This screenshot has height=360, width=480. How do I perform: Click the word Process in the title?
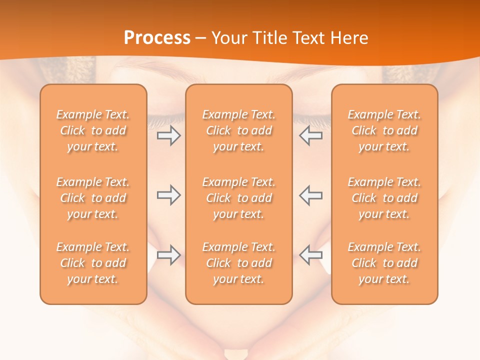point(157,38)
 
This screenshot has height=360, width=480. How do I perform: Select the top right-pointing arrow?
point(168,136)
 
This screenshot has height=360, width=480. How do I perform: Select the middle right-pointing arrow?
point(168,195)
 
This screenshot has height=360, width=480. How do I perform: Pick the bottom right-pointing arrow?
point(168,255)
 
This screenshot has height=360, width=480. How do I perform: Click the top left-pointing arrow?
point(310,136)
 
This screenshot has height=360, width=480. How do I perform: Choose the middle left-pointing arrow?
point(310,195)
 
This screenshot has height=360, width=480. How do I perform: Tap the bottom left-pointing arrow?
point(310,255)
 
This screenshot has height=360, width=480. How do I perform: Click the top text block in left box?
point(93,130)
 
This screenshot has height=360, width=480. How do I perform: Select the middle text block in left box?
point(93,198)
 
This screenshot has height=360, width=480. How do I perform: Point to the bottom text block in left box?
point(93,263)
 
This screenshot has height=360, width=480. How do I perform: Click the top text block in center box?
point(239,130)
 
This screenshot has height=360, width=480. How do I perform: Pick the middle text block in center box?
point(239,198)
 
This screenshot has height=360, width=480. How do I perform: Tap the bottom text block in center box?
point(239,263)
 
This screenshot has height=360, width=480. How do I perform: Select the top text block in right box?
point(384,130)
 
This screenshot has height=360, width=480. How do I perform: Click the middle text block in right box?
point(384,198)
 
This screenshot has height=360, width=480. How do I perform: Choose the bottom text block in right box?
point(384,263)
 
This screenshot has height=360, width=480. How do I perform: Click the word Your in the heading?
point(227,38)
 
